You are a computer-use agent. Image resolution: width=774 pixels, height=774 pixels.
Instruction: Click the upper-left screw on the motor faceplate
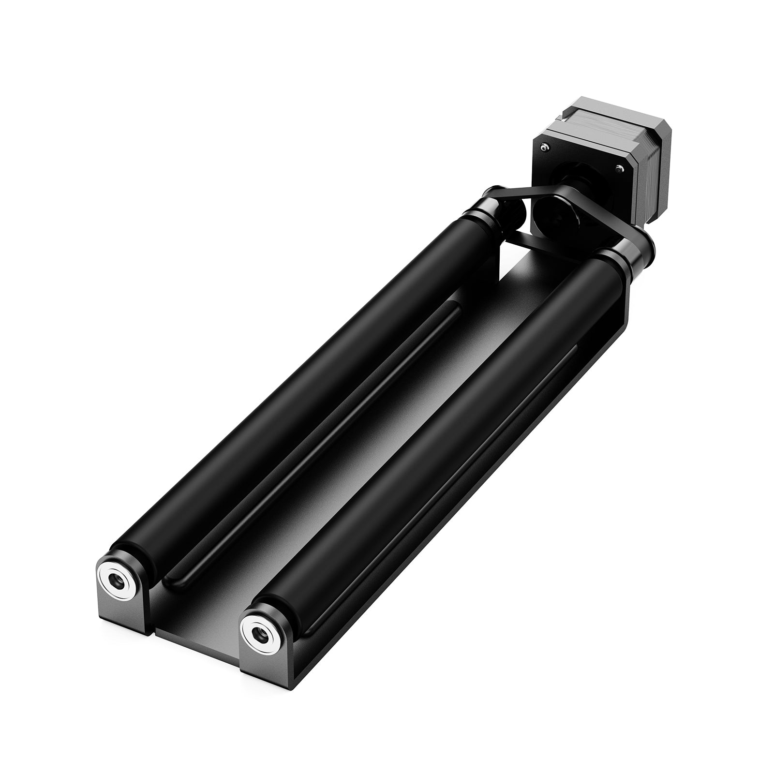point(545,148)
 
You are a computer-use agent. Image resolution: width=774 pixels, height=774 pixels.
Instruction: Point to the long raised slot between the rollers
point(310,445)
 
